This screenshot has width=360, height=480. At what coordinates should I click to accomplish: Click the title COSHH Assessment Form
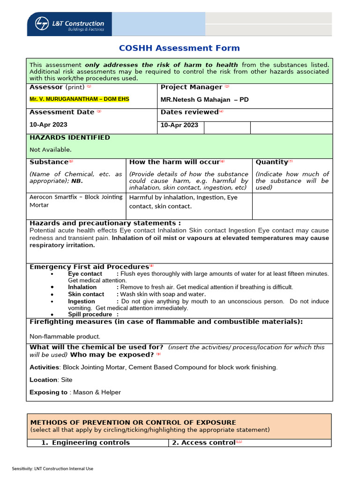(179, 48)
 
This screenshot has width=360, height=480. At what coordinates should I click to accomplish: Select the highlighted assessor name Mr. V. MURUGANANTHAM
(79, 99)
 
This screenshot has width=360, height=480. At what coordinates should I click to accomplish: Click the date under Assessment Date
(48, 125)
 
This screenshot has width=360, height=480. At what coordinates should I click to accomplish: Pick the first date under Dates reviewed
(180, 125)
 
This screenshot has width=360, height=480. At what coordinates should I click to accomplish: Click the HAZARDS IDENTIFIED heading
(70, 138)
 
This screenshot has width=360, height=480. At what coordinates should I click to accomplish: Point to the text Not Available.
(51, 150)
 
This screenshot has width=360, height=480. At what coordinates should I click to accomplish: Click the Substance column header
(49, 162)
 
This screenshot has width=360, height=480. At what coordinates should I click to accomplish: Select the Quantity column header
(271, 162)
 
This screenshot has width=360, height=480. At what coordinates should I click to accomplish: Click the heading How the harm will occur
(174, 162)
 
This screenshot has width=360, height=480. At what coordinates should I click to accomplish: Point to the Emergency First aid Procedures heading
(89, 267)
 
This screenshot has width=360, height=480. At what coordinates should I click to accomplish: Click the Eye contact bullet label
(85, 274)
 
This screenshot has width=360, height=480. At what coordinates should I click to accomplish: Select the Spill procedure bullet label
(90, 315)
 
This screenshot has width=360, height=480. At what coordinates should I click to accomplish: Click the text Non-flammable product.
(65, 337)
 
